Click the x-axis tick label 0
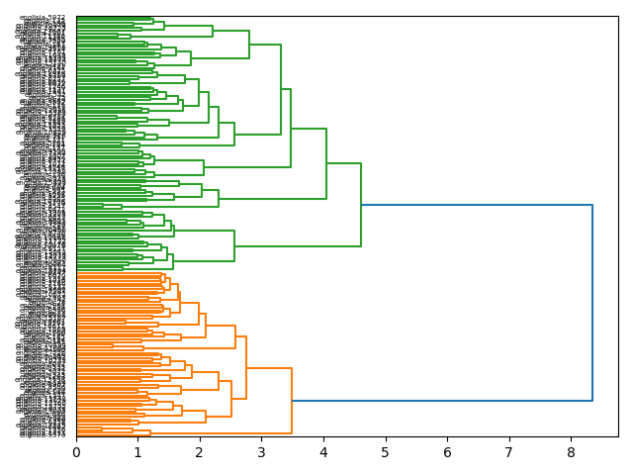[76, 452]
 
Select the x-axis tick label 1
[137, 452]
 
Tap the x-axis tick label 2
[200, 452]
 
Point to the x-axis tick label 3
[261, 452]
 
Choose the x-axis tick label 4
[323, 452]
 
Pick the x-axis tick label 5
[385, 452]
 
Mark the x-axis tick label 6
[447, 452]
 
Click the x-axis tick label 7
[508, 452]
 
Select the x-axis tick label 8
[571, 452]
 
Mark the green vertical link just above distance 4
[326, 163]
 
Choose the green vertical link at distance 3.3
[281, 89]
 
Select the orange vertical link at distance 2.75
[246, 367]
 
